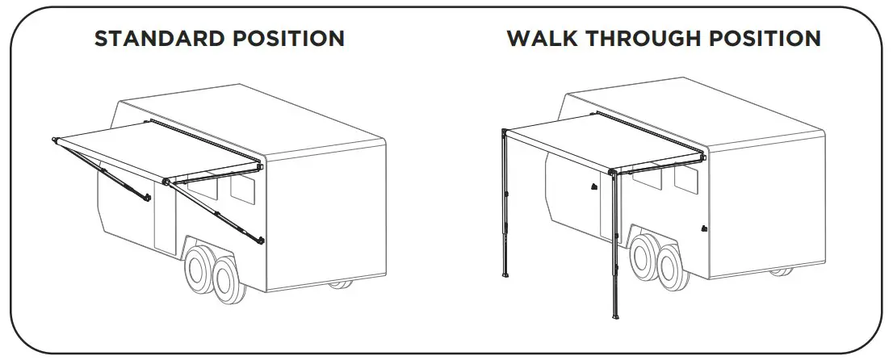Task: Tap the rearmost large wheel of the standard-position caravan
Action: [x=230, y=279]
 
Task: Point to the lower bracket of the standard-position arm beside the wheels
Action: [x=260, y=240]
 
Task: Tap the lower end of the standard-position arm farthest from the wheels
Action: [x=148, y=199]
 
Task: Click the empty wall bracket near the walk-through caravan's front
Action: [x=593, y=186]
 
